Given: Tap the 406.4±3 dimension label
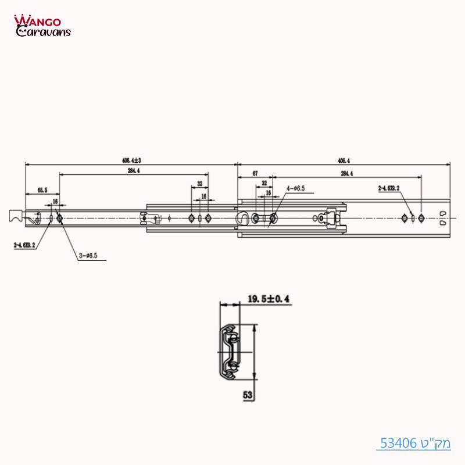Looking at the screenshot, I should point(132,160).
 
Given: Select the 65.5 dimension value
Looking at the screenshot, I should point(42,190).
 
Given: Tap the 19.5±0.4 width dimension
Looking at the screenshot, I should point(269,299).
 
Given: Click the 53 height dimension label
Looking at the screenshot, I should point(248,395).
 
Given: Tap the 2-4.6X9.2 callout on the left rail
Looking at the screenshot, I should point(24,245).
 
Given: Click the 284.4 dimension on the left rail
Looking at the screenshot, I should point(133,170).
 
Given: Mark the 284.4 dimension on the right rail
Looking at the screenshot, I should point(347,174).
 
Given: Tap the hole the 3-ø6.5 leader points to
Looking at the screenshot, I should point(59,218).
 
